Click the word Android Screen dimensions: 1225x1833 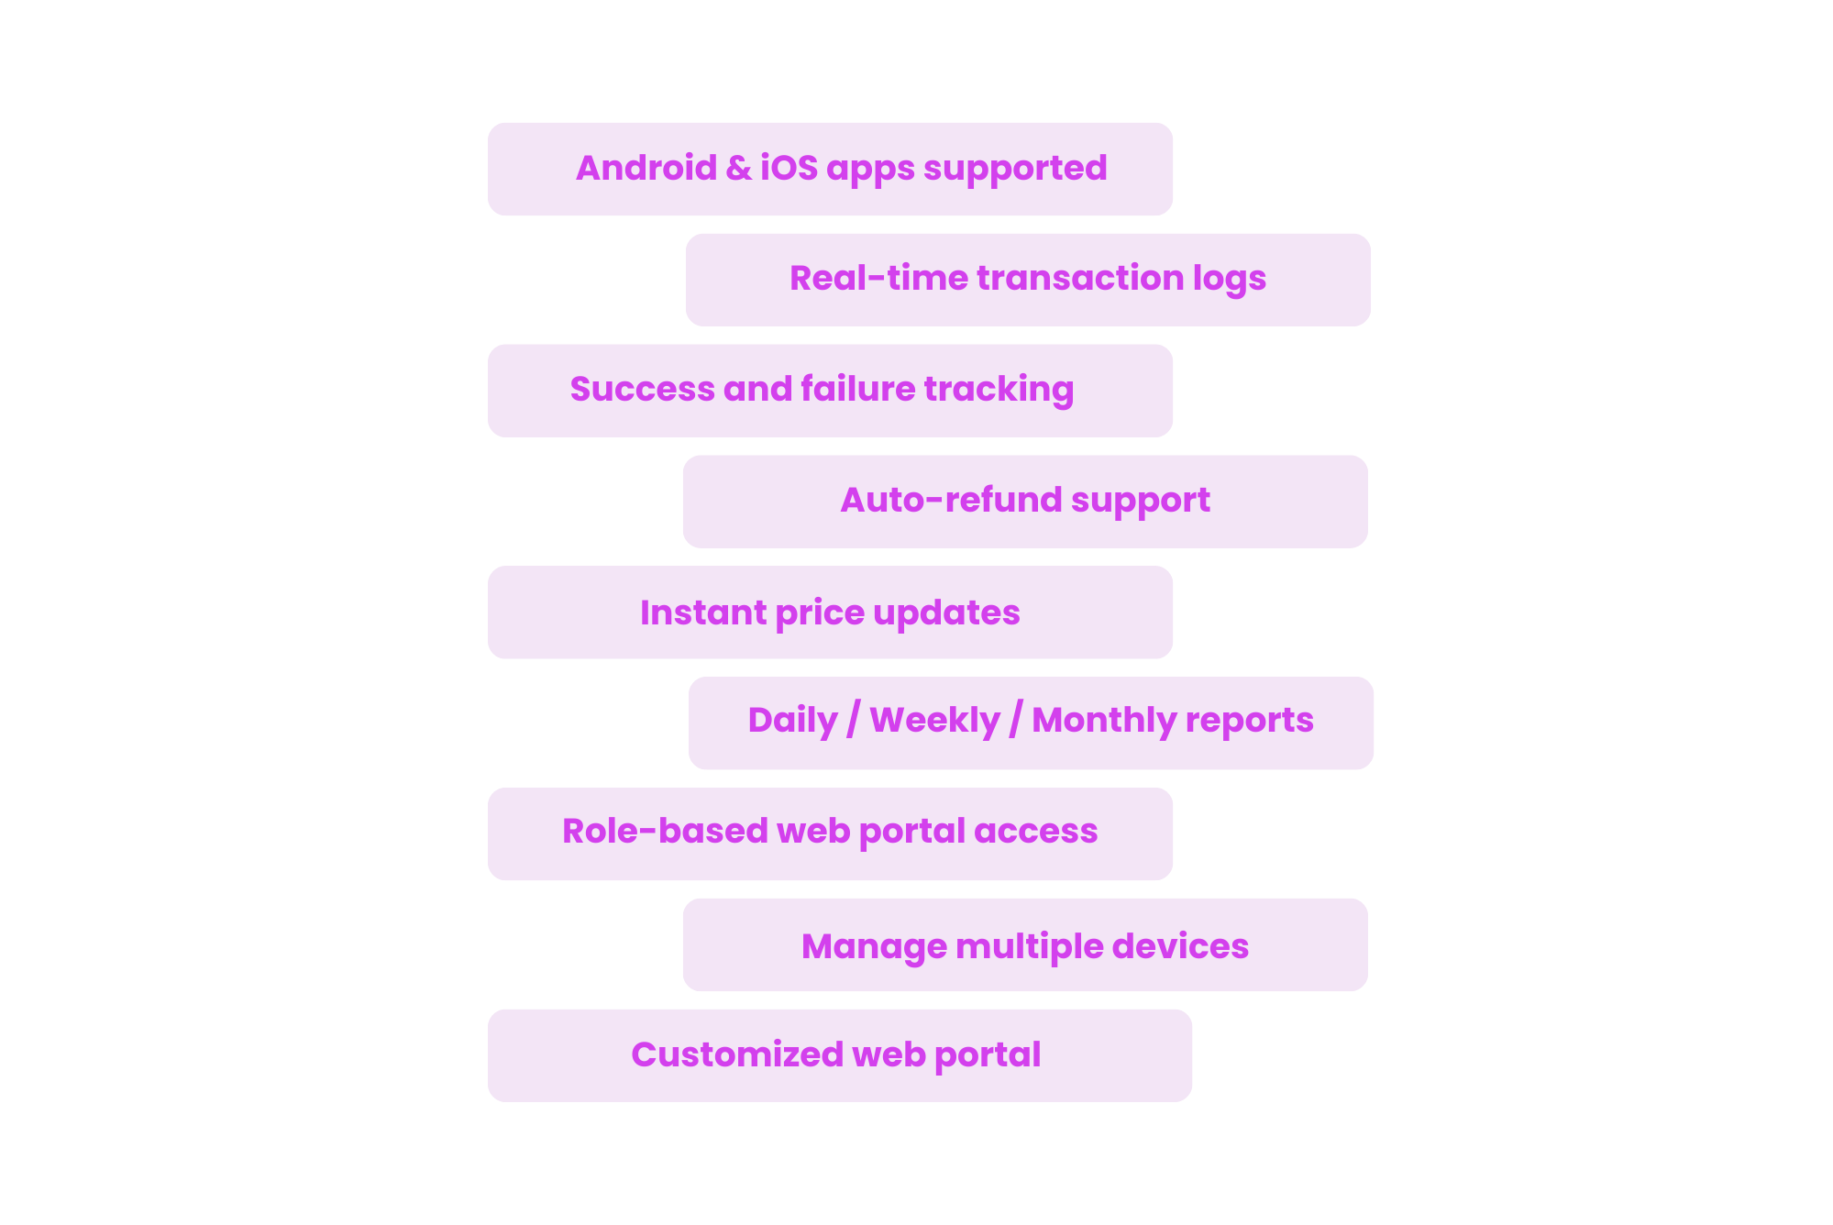pyautogui.click(x=646, y=168)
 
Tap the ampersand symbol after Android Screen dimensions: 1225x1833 pyautogui.click(x=738, y=168)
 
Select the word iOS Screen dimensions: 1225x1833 pyautogui.click(x=789, y=168)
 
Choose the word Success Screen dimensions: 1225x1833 pyautogui.click(x=642, y=389)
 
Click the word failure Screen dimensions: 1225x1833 pyautogui.click(x=858, y=389)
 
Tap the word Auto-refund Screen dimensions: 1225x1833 pyautogui.click(x=950, y=500)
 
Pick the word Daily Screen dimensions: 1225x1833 pyautogui.click(x=792, y=721)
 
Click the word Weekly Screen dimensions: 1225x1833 pyautogui.click(x=934, y=720)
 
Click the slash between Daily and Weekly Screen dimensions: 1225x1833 pyautogui.click(x=854, y=720)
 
